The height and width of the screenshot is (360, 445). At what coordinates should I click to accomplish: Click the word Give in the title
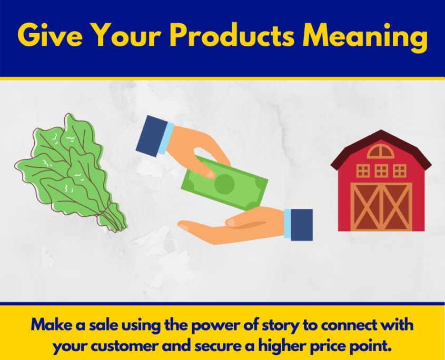50,35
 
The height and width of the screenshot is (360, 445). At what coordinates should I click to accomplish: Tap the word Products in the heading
232,35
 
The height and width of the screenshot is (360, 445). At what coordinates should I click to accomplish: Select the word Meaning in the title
365,37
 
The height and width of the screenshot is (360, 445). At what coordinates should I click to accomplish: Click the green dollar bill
224,183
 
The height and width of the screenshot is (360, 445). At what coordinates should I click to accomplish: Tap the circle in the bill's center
224,184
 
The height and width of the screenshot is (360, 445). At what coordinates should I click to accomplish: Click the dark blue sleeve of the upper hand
152,136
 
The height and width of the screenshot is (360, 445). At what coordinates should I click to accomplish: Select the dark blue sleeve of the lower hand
302,225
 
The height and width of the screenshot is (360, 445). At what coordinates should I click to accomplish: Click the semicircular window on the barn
381,151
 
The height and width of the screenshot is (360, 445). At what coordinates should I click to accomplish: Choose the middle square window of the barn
381,171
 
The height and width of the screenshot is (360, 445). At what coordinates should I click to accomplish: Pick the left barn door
366,206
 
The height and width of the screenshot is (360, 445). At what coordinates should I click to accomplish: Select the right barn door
397,206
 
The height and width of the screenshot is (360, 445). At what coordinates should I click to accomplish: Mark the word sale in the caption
104,325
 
